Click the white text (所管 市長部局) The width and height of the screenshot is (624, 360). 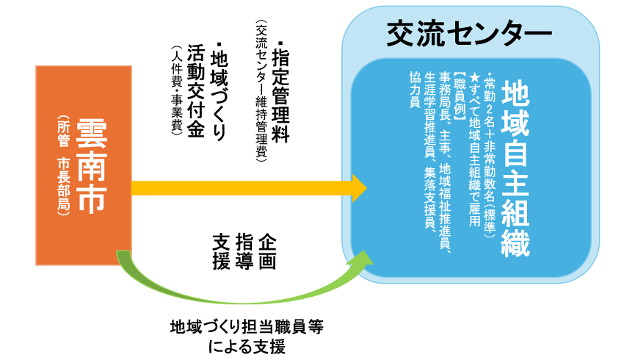click(63, 165)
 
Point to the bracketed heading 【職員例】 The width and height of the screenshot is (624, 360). click(460, 96)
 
